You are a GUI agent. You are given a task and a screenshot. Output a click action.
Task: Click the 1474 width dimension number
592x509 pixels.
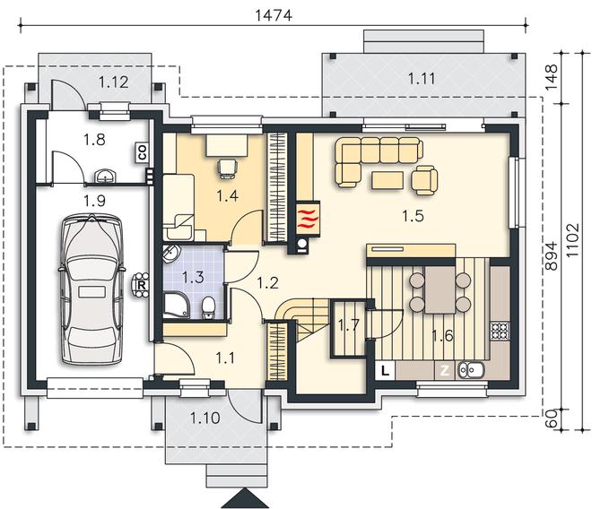click(x=274, y=15)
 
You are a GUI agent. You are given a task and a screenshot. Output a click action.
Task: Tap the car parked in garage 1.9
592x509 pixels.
click(x=91, y=289)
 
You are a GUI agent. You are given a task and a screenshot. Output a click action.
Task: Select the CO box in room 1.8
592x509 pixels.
click(x=143, y=153)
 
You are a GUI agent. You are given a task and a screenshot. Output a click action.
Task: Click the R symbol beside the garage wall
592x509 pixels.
click(x=142, y=285)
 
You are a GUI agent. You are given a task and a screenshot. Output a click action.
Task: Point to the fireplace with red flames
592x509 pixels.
click(x=308, y=219)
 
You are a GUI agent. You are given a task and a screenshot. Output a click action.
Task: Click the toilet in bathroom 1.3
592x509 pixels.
click(x=208, y=307)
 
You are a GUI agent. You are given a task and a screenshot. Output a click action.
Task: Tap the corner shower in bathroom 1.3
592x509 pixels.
click(x=177, y=305)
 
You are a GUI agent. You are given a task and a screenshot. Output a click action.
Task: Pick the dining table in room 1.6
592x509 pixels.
click(x=440, y=289)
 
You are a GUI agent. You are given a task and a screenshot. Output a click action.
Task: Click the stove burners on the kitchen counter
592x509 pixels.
click(x=500, y=331)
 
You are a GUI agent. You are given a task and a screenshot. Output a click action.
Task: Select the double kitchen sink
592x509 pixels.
click(x=471, y=370)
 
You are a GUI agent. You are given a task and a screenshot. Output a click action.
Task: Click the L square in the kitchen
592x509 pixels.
click(x=385, y=370)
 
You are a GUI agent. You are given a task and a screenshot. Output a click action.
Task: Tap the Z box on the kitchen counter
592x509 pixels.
click(x=445, y=370)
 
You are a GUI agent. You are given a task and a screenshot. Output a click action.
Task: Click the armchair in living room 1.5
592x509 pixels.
click(x=424, y=179)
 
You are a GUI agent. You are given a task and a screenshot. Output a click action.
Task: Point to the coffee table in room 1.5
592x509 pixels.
click(x=387, y=179)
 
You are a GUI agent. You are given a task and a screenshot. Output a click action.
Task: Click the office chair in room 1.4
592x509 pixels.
click(x=228, y=168)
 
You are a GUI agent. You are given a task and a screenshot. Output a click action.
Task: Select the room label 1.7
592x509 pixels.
click(x=349, y=325)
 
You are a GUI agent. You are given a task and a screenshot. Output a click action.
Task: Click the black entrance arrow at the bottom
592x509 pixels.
click(x=245, y=498)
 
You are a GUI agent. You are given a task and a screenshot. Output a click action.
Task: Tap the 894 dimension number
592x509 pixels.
click(x=552, y=255)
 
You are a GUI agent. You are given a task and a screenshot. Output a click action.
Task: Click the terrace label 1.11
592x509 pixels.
click(x=422, y=79)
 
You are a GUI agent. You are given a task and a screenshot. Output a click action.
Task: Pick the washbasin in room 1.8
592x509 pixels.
click(x=106, y=177)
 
